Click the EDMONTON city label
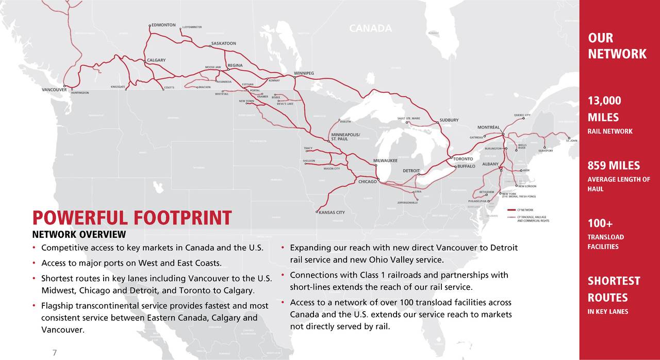tap(163, 25)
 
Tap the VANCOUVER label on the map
tap(54, 89)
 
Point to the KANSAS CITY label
tap(332, 212)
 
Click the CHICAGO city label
tap(367, 182)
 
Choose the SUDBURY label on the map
tap(449, 120)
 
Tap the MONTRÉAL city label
tap(488, 127)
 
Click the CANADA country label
tap(370, 28)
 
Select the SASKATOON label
tap(224, 43)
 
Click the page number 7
tap(54, 352)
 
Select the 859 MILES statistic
tap(614, 166)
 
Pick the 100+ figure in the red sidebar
tap(600, 224)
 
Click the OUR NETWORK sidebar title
tap(617, 46)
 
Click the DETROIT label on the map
tap(411, 171)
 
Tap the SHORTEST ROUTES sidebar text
tap(614, 289)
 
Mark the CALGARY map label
tap(156, 60)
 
